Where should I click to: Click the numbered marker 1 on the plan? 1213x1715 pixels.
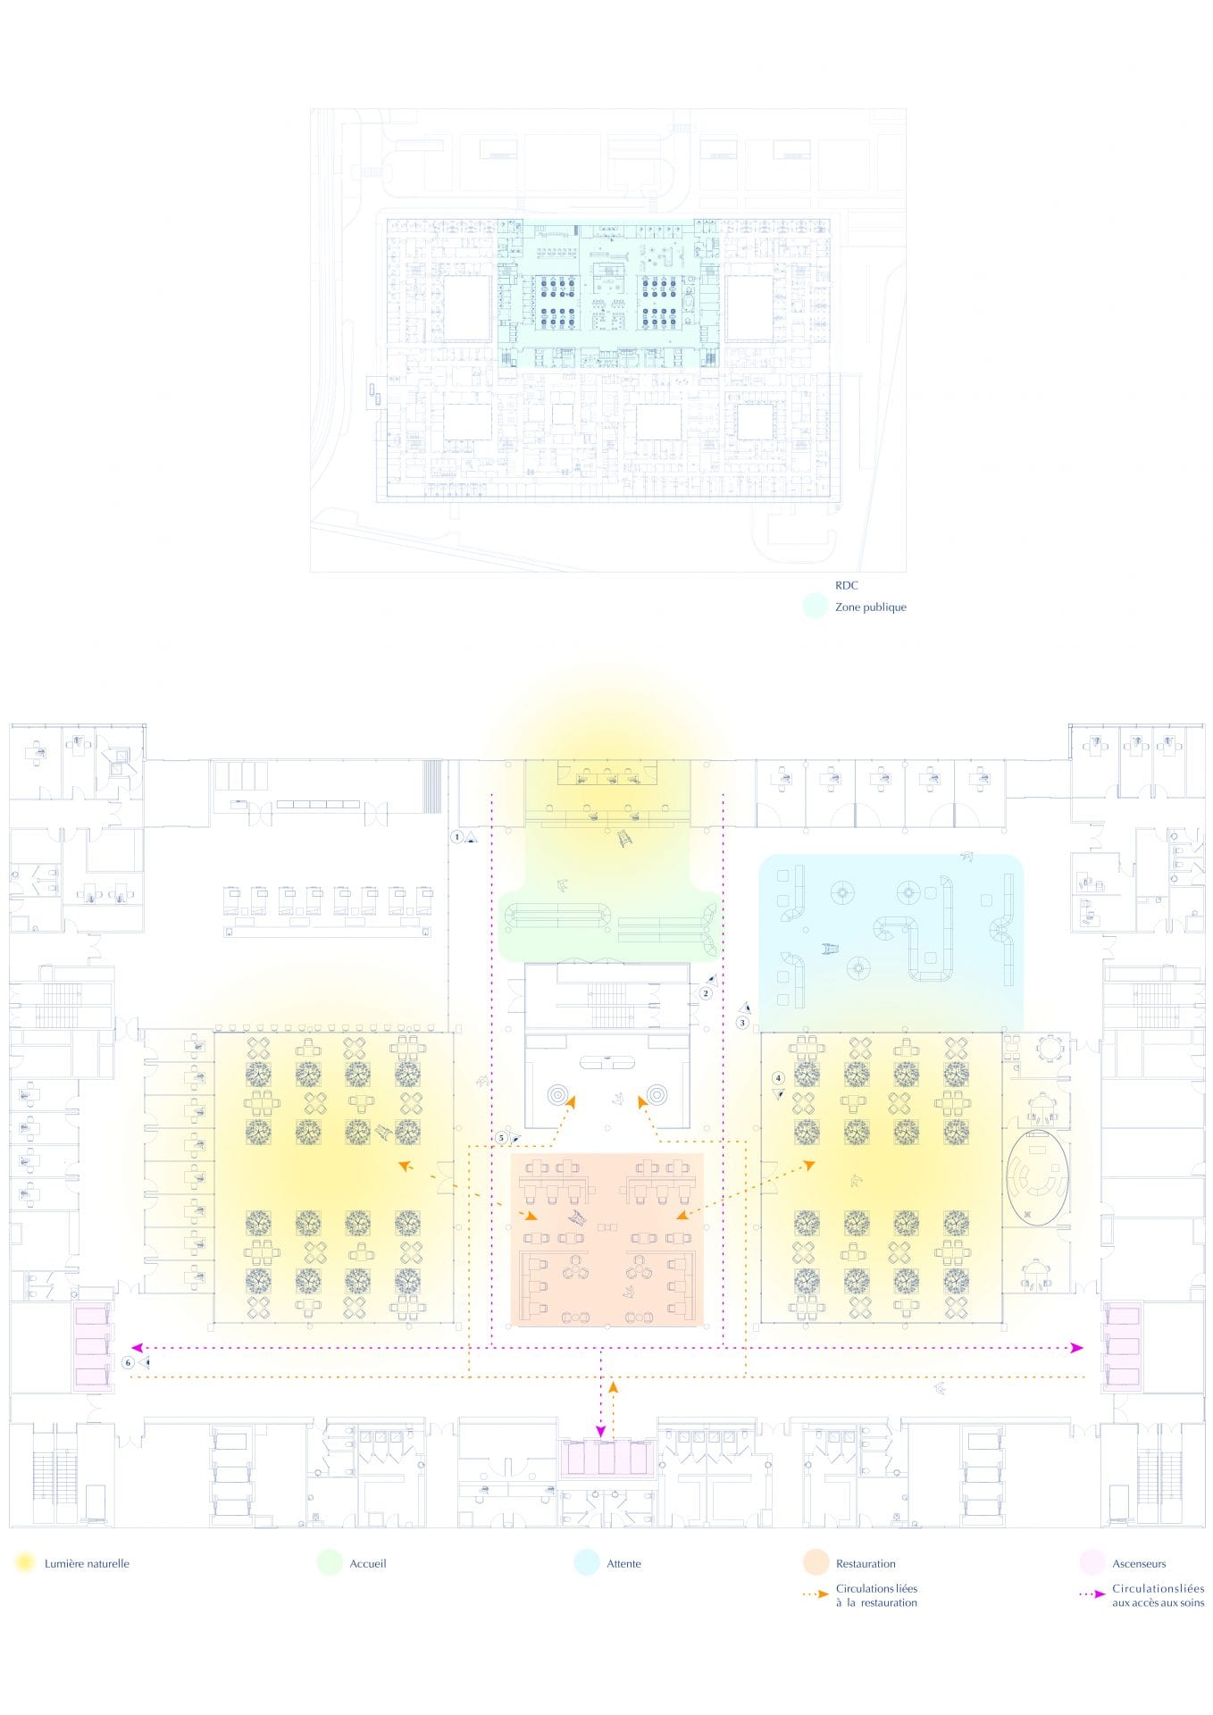(457, 837)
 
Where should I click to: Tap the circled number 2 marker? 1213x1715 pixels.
(706, 993)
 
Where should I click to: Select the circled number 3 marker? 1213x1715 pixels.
(742, 1023)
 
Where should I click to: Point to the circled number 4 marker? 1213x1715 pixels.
(778, 1078)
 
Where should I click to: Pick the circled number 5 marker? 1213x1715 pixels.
(501, 1138)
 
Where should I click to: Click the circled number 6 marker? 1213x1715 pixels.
(129, 1363)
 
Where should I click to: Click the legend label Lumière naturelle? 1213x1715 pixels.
(87, 1564)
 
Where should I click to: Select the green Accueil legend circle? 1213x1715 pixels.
(330, 1562)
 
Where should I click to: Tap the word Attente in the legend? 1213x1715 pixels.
(623, 1564)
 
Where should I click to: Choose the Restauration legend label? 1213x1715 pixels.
(866, 1564)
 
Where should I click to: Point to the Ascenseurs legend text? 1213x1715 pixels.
(1139, 1564)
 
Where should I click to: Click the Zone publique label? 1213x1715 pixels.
(870, 607)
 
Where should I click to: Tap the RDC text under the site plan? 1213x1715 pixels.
(847, 586)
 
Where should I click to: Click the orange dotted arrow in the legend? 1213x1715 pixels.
(816, 1594)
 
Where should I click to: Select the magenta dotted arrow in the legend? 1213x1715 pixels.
(1092, 1594)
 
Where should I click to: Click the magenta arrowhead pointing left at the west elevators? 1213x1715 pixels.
(137, 1347)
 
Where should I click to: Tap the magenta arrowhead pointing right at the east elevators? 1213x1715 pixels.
(1077, 1347)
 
